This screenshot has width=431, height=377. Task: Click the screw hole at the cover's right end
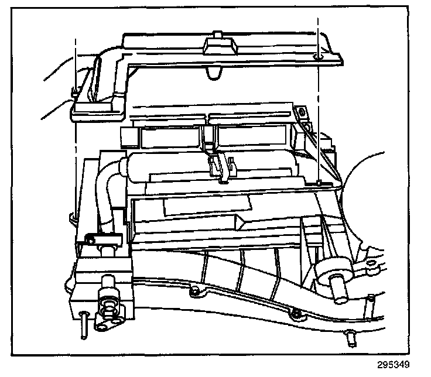(317, 56)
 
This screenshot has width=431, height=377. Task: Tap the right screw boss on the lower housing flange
(296, 316)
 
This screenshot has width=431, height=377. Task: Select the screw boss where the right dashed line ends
(317, 184)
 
